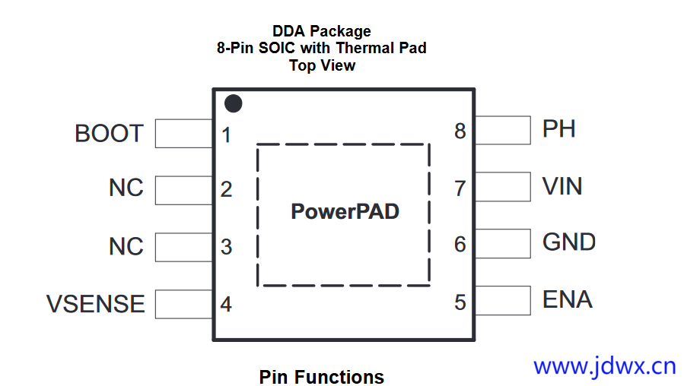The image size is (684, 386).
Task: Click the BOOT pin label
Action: point(109,134)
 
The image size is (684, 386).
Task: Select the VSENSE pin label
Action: point(96,304)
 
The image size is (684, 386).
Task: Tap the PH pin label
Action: point(558,129)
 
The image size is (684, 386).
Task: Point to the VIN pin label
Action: point(562,186)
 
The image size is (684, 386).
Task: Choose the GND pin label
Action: point(568,242)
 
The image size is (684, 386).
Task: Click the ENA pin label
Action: point(567,299)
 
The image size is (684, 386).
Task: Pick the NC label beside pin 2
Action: point(126,188)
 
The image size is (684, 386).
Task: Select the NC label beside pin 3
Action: point(126,247)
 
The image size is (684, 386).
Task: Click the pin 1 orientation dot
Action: point(234,103)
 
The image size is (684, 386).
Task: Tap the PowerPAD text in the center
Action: point(345,211)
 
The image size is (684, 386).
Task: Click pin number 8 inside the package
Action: point(460,131)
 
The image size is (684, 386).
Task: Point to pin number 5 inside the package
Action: point(460,302)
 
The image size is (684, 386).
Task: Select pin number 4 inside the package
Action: point(226,305)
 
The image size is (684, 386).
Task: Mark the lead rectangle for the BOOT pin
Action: point(183,134)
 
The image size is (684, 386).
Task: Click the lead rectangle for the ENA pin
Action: point(502,300)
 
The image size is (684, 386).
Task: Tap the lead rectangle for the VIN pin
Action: point(502,187)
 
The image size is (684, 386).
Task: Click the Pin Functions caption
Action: point(321,377)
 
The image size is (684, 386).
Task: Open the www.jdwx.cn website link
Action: point(604,366)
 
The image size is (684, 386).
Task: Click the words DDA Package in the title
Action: point(322,31)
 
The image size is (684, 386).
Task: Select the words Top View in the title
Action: point(322,65)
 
